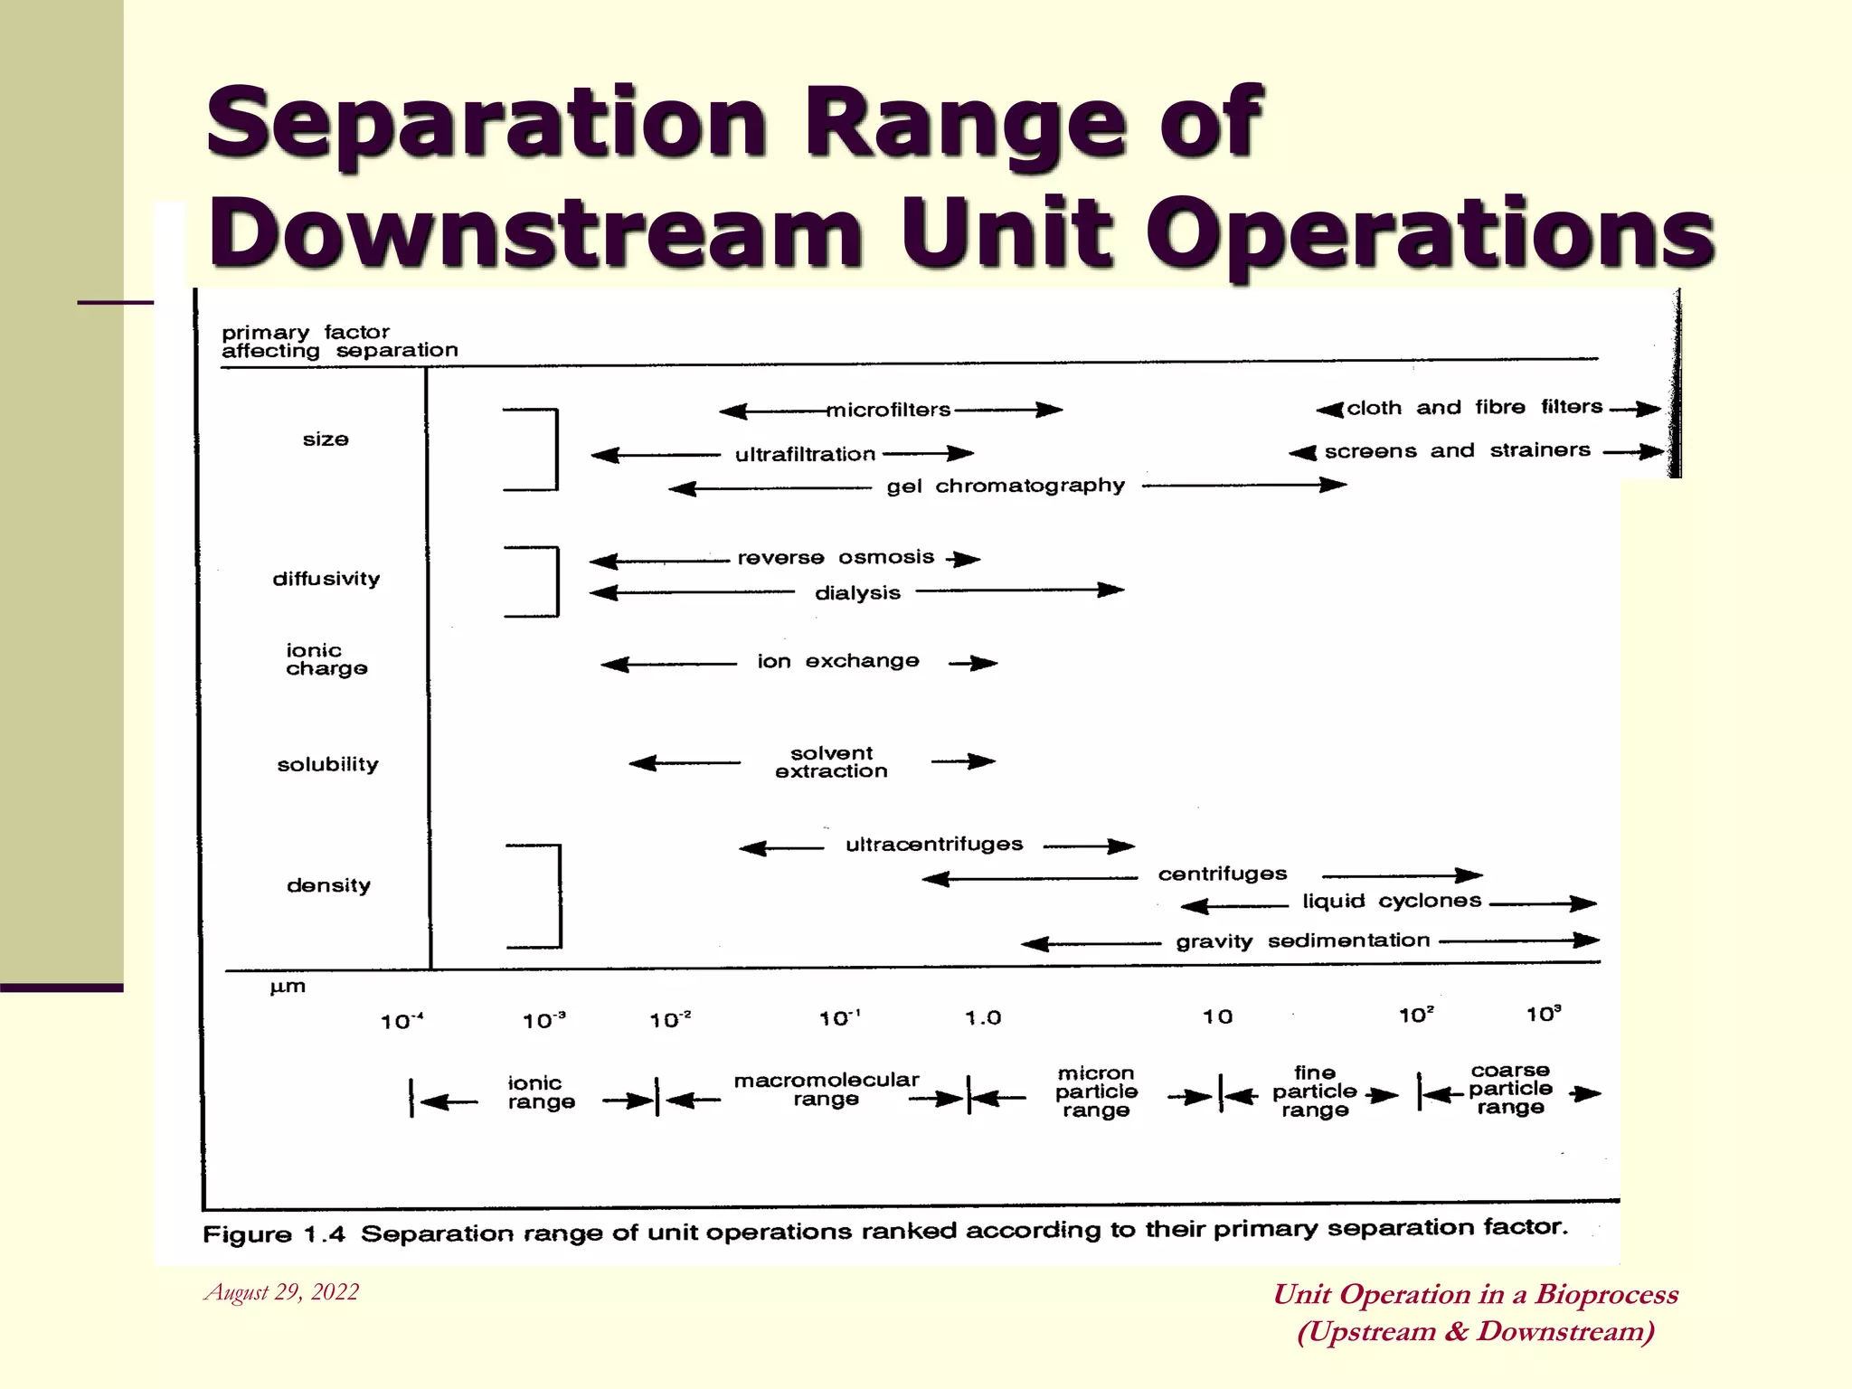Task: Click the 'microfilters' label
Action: (x=889, y=411)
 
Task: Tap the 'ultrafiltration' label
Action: (x=805, y=455)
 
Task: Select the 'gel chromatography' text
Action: (x=1006, y=487)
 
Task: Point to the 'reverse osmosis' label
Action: (x=836, y=558)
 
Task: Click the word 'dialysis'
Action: (x=857, y=593)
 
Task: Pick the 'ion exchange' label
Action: (x=838, y=662)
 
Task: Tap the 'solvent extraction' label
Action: (x=831, y=762)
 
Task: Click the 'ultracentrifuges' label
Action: (x=934, y=845)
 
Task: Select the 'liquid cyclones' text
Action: (x=1392, y=902)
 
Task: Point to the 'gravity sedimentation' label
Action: (x=1303, y=941)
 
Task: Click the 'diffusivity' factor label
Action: (x=326, y=579)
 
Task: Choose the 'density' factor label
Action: (x=328, y=885)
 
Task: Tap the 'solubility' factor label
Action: (x=327, y=765)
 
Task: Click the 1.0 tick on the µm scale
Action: (x=983, y=1018)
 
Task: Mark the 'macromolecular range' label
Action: (x=826, y=1090)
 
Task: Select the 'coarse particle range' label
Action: (x=1510, y=1089)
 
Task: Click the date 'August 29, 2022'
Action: (x=282, y=1292)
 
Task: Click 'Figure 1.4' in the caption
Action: (x=274, y=1235)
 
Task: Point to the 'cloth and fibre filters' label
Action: (x=1474, y=408)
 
